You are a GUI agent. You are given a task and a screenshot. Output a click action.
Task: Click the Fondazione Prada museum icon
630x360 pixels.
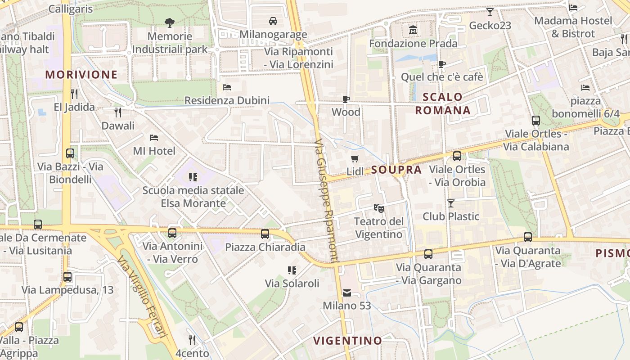click(413, 30)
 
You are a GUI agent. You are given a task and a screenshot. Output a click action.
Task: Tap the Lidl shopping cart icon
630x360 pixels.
click(355, 158)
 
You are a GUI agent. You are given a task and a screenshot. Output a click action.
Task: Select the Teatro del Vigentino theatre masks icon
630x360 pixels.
click(379, 208)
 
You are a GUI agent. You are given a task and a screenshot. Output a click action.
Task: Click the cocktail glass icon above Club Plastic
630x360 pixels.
click(451, 203)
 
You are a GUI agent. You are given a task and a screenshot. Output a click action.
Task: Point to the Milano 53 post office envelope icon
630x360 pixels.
click(347, 293)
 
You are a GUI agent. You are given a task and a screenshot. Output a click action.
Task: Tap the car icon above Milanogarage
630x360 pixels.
click(273, 21)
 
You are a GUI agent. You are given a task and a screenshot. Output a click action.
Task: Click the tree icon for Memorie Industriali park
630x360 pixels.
click(170, 22)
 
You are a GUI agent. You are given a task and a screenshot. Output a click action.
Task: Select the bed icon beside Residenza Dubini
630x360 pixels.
click(227, 87)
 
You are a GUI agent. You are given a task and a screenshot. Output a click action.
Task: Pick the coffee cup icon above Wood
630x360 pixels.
click(346, 99)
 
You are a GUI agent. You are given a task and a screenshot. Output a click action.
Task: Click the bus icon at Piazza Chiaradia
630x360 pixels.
click(265, 234)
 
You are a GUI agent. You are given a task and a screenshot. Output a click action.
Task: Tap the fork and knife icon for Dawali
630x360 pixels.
click(118, 112)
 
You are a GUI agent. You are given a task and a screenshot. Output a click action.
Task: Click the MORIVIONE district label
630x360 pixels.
click(81, 75)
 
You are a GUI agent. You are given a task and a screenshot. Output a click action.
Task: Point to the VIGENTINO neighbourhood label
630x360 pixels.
click(347, 341)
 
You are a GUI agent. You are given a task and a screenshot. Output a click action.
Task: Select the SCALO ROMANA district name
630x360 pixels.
click(443, 103)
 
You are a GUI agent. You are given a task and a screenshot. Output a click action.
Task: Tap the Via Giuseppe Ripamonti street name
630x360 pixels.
click(326, 200)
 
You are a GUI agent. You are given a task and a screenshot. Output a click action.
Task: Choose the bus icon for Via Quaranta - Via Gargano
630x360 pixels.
click(428, 254)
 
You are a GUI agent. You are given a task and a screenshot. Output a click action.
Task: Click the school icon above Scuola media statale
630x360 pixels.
click(193, 177)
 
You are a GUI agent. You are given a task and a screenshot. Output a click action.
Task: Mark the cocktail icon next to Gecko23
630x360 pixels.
click(490, 12)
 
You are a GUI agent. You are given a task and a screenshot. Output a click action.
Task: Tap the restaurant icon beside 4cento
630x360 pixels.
click(192, 340)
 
